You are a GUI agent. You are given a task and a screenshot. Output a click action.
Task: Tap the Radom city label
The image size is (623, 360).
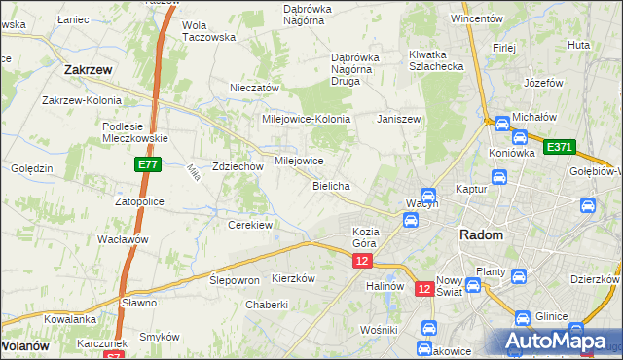pos(481,235)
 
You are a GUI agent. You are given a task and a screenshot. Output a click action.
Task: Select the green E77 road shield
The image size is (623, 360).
pos(147,166)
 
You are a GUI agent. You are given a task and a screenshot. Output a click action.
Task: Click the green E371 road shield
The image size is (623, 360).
pos(559,147)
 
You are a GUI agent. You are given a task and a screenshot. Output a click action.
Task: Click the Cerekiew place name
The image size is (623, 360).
pos(249,225)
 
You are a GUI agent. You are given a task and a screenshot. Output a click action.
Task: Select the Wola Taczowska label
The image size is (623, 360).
pos(209,31)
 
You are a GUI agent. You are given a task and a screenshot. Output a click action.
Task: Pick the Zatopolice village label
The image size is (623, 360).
pos(139,201)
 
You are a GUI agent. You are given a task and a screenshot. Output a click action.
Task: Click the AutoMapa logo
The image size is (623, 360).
pos(558,340)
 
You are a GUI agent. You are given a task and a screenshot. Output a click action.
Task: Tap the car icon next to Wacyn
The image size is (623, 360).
pos(426,196)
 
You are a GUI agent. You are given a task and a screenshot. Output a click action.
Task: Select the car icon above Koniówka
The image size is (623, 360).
pos(501,124)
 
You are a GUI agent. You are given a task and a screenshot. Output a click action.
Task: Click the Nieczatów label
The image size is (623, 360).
pos(254,88)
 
